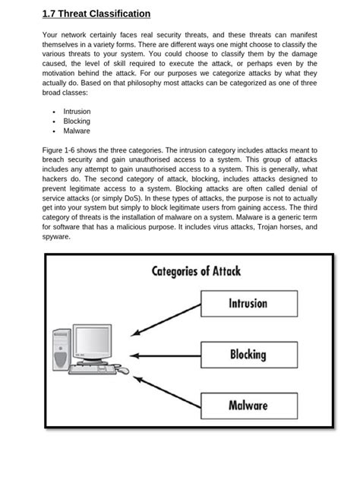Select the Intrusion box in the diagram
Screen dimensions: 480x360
point(248,303)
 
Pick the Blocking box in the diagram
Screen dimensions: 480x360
point(248,354)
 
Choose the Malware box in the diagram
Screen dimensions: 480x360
point(248,405)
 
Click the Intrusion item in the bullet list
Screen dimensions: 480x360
point(77,111)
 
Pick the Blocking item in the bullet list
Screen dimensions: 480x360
point(77,121)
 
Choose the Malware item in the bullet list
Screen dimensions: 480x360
point(77,131)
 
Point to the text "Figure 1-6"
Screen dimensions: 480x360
point(60,150)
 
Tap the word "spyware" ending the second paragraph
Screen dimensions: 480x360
point(57,236)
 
